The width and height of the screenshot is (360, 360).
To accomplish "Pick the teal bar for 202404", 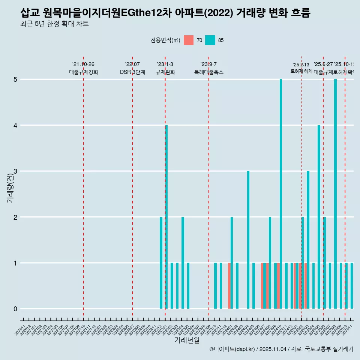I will [248, 240].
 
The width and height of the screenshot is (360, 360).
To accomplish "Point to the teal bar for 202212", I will [161, 262].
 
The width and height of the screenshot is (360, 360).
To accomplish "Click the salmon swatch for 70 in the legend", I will [189, 40].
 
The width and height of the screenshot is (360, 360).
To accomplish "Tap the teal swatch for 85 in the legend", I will [210, 40].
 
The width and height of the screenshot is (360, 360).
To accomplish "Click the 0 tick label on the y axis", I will [15, 309].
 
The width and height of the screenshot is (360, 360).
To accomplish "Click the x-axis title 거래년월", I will [187, 340].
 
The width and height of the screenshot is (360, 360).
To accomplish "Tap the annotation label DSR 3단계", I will [132, 72].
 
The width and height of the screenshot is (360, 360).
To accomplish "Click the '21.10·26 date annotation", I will [83, 64].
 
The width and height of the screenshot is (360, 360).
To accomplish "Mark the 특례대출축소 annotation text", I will [208, 72].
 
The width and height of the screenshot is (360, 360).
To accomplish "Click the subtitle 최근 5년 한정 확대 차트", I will [54, 24].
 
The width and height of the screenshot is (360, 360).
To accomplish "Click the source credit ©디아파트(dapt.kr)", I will [232, 349].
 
